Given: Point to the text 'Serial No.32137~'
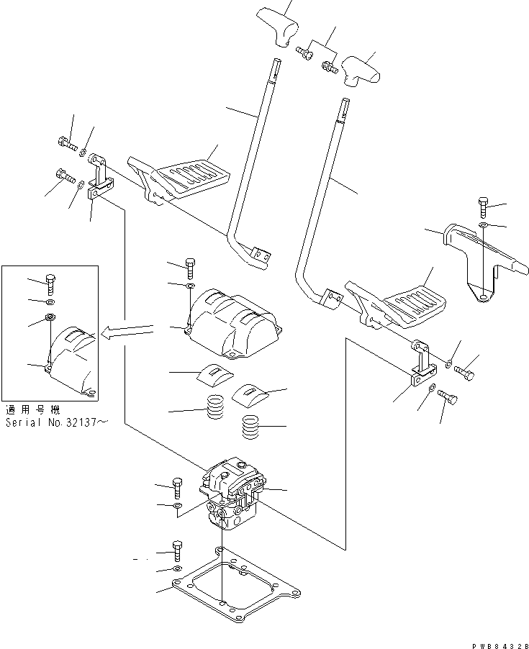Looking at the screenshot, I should pos(57,423).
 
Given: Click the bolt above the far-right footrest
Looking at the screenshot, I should pos(483,207).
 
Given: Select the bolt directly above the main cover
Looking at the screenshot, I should pos(190,268).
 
